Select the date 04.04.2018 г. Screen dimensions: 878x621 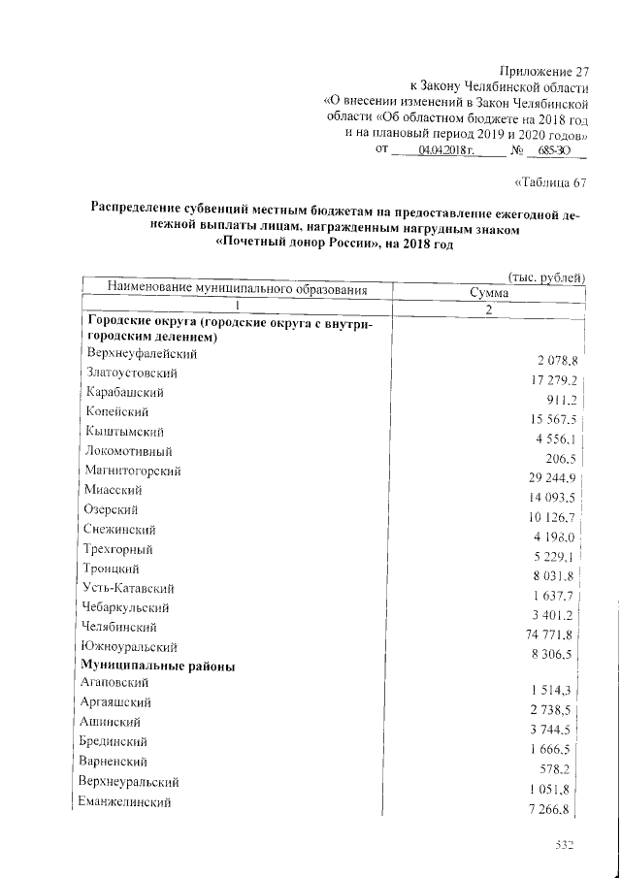coord(445,151)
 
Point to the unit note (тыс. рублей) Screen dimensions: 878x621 coord(546,276)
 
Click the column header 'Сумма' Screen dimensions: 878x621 coord(490,291)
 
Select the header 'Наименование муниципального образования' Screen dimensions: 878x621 coord(238,289)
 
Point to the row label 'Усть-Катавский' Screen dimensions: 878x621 coord(130,588)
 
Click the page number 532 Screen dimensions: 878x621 coord(566,846)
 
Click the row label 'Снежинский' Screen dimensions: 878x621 coord(121,530)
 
